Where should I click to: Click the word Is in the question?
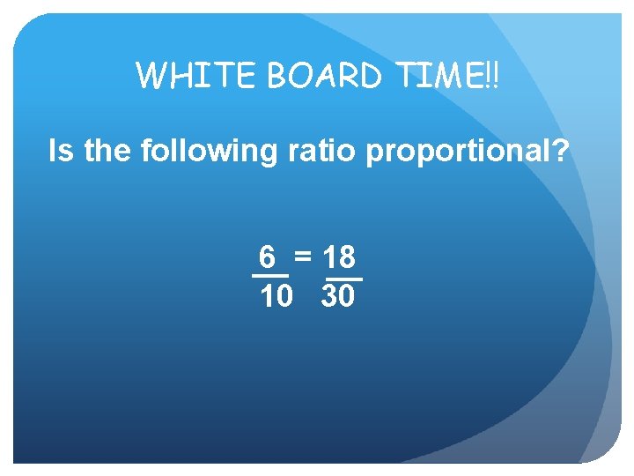62,152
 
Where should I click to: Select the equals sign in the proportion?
303,257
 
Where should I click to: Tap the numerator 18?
339,257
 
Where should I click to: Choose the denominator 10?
276,297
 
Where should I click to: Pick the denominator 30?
338,297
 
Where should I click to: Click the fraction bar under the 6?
270,278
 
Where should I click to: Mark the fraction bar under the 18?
343,279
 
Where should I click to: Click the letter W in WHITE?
152,75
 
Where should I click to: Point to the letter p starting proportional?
373,155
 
